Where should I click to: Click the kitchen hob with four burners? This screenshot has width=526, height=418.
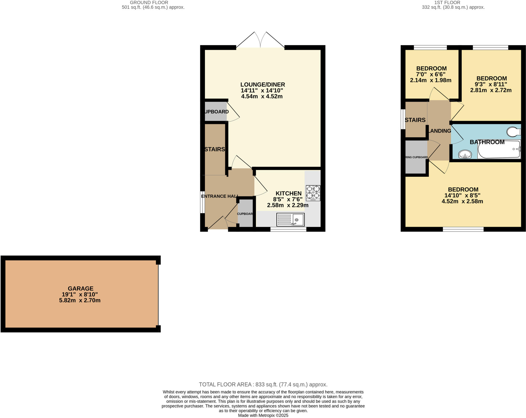click(x=313, y=193)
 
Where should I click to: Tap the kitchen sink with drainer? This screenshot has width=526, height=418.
click(x=290, y=220)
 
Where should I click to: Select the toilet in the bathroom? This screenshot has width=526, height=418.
click(x=513, y=132)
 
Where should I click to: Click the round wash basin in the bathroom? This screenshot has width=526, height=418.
click(x=465, y=155)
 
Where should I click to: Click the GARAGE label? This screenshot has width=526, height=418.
click(x=80, y=288)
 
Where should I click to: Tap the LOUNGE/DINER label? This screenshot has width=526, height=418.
click(x=262, y=84)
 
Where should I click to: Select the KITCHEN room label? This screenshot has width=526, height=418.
click(x=288, y=193)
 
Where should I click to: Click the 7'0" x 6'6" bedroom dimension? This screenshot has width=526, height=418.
click(x=430, y=74)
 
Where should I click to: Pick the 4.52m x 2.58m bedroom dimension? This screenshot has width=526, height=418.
click(x=462, y=201)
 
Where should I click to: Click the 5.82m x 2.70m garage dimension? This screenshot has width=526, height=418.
click(x=80, y=300)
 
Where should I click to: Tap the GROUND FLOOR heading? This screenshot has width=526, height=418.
click(x=149, y=3)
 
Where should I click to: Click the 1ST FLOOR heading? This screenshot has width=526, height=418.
click(x=447, y=3)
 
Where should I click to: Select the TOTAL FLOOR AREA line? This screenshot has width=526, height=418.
click(x=263, y=384)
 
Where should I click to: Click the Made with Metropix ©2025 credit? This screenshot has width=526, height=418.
click(x=263, y=415)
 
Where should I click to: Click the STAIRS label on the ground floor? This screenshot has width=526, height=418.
click(x=215, y=149)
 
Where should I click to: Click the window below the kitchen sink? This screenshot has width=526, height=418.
click(x=288, y=229)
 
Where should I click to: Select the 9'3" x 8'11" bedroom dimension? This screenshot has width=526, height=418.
click(x=491, y=84)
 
